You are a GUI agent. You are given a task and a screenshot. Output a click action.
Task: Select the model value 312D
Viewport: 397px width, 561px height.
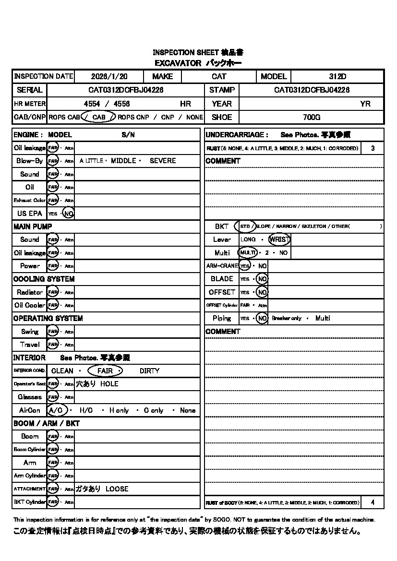pyautogui.click(x=337, y=76)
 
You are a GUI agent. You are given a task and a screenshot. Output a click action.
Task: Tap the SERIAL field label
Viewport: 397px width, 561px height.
pyautogui.click(x=29, y=90)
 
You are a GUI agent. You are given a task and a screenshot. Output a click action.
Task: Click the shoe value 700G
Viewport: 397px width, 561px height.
pyautogui.click(x=312, y=117)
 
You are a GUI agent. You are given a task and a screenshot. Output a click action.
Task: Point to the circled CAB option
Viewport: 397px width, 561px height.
pyautogui.click(x=98, y=117)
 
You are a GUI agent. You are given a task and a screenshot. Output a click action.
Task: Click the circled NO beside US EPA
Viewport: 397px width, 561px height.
pyautogui.click(x=68, y=214)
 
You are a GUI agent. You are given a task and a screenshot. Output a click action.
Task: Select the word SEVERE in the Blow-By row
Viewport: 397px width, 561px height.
pyautogui.click(x=163, y=161)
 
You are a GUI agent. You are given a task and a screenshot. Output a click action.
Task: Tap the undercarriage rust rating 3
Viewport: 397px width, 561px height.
pyautogui.click(x=373, y=148)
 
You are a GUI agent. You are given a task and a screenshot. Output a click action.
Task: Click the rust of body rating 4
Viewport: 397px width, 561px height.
pyautogui.click(x=373, y=502)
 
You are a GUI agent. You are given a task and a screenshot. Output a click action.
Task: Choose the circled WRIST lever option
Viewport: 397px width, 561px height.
pyautogui.click(x=279, y=239)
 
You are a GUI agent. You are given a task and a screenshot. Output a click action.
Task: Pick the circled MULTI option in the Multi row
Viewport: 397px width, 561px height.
pyautogui.click(x=248, y=252)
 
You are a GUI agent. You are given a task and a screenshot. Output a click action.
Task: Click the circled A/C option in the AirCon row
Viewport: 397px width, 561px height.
pyautogui.click(x=56, y=410)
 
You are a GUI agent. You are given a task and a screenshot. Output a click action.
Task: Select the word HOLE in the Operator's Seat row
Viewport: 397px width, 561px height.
pyautogui.click(x=109, y=384)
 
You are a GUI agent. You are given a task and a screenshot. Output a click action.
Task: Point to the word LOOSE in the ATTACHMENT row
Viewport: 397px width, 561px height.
pyautogui.click(x=117, y=489)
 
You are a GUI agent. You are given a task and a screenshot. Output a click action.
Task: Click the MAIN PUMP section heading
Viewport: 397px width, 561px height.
pyautogui.click(x=33, y=226)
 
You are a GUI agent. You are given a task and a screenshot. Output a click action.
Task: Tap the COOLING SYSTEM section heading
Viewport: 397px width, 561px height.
pyautogui.click(x=44, y=279)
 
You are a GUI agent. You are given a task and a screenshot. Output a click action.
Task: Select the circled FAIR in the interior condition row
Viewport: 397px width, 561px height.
pyautogui.click(x=105, y=371)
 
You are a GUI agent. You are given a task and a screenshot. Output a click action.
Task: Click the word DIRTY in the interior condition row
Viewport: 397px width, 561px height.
pyautogui.click(x=149, y=371)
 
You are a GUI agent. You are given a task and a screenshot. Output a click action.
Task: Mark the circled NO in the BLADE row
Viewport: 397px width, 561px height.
pyautogui.click(x=262, y=279)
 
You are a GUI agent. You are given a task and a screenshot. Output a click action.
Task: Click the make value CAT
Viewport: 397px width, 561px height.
pyautogui.click(x=219, y=76)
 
